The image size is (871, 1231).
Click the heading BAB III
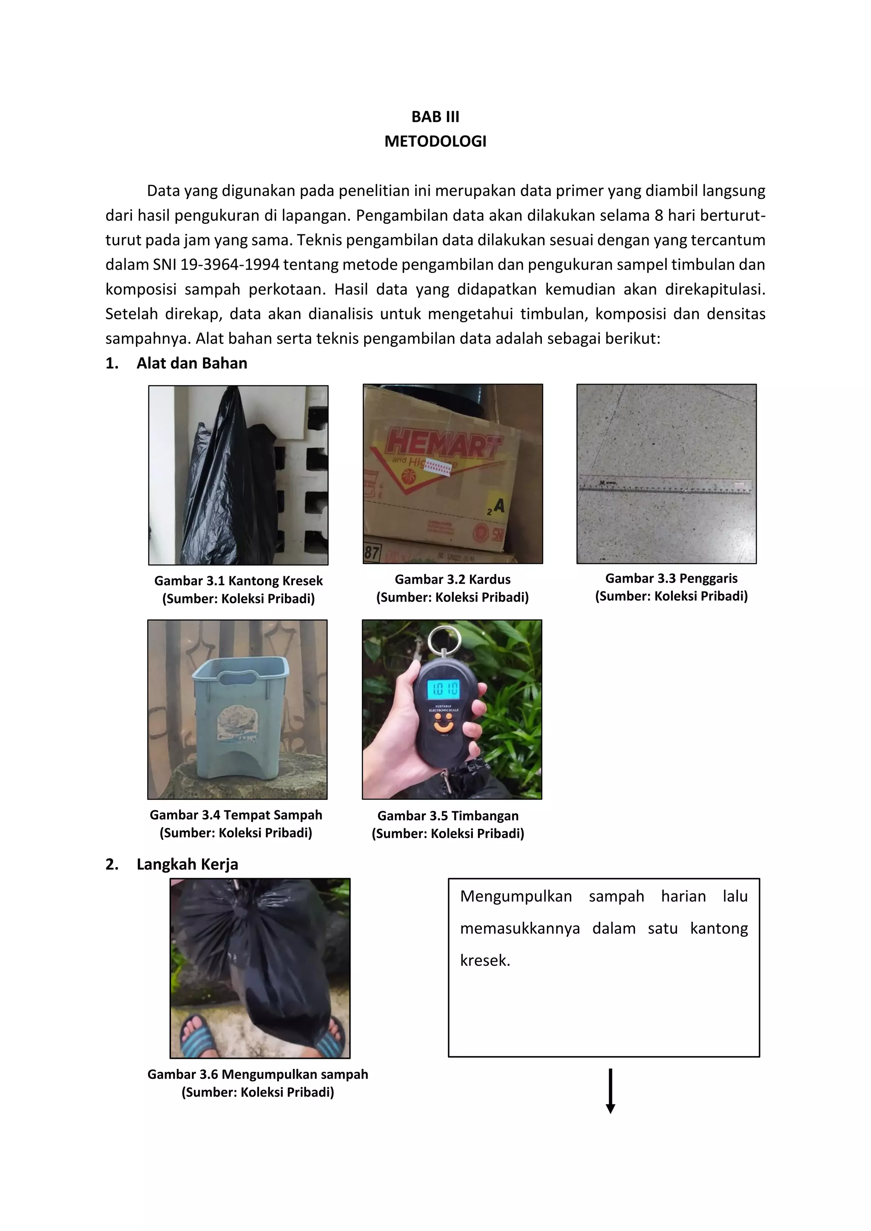(435, 117)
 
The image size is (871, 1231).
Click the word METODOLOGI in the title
(435, 141)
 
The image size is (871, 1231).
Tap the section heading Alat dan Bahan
(191, 363)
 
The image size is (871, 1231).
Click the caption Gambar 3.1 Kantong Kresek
(238, 581)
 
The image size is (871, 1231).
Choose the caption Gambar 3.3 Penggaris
(671, 578)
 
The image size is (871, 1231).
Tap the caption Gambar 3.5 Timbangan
(448, 816)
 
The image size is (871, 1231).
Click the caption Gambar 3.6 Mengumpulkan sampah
(257, 1074)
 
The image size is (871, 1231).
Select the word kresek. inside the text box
(485, 960)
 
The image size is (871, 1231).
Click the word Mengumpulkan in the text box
(515, 896)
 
